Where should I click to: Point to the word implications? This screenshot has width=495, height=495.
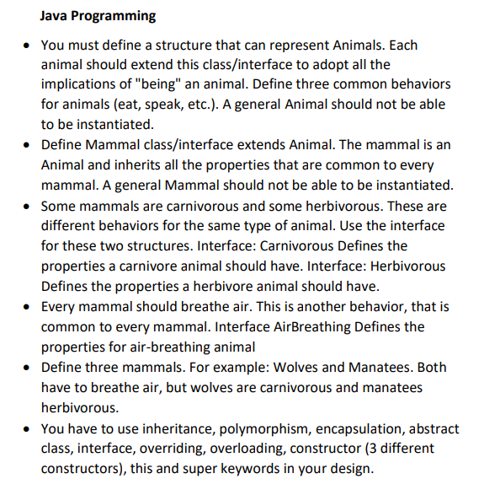[82, 84]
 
